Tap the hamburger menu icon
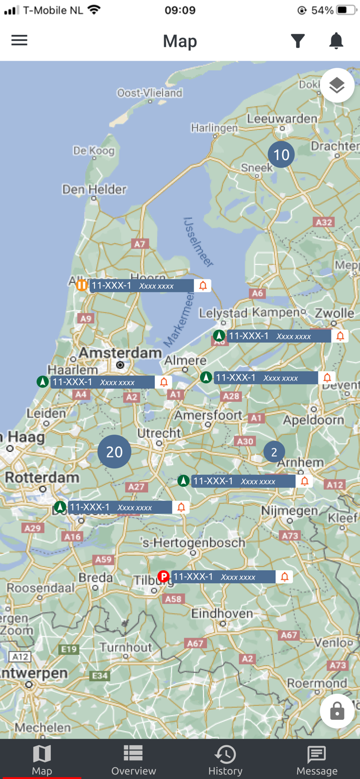pos(19,41)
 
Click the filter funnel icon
pos(298,41)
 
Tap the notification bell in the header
pos(337,41)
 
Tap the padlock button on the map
pos(337,711)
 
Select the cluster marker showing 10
pos(281,155)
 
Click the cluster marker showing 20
pos(114,452)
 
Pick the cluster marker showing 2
pos(274,452)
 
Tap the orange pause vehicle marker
pos(82,285)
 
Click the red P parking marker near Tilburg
pos(164,576)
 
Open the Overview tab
pos(134,760)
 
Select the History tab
pos(225,760)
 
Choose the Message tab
pos(317,760)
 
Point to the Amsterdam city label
pos(121,353)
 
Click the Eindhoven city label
pos(222,613)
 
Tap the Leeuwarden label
pos(282,119)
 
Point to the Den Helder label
pos(95,190)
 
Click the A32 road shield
pos(324,222)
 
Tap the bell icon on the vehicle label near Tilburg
pos(285,576)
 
